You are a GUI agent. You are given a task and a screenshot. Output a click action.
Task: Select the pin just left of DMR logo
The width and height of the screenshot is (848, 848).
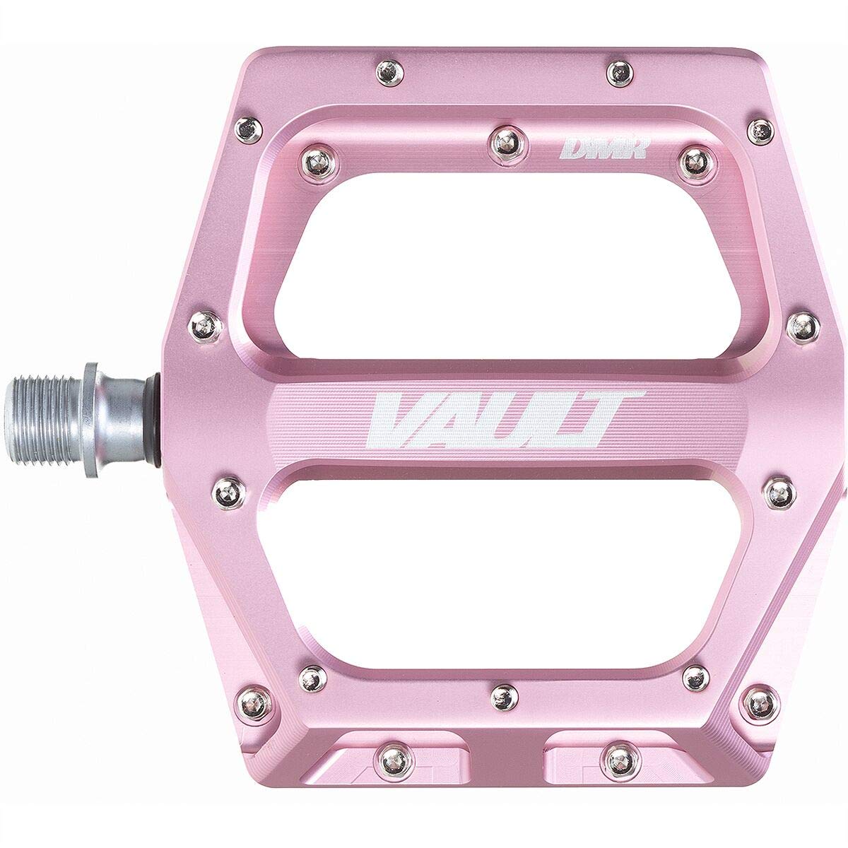(x=505, y=138)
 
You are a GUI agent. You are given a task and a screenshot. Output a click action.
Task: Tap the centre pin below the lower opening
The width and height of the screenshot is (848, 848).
(x=503, y=695)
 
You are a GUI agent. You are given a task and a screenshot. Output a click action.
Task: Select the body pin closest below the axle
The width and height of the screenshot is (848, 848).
(x=228, y=488)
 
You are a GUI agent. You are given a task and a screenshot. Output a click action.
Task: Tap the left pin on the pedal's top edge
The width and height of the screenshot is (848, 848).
(x=387, y=70)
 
